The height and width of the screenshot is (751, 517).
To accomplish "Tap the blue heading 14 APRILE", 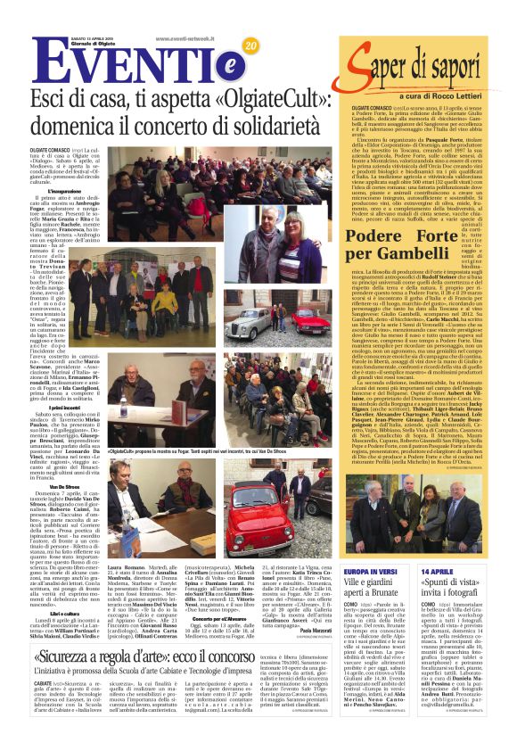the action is (x=435, y=571).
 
